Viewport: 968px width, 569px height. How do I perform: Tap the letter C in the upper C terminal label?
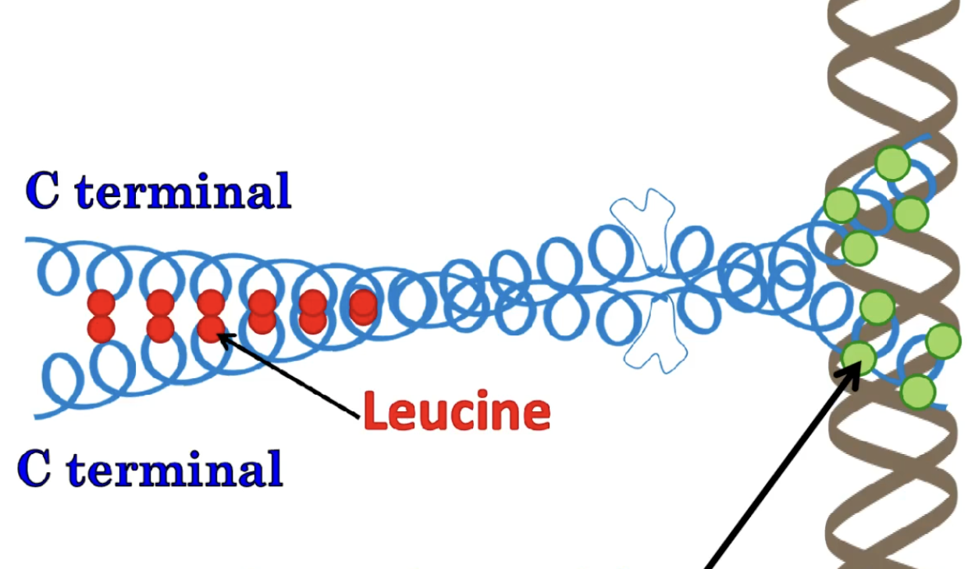[x=43, y=191]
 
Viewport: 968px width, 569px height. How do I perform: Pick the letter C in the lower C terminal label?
[x=35, y=469]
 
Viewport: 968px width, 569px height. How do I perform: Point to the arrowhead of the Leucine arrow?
[x=221, y=337]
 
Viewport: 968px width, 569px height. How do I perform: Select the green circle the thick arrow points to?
[x=859, y=358]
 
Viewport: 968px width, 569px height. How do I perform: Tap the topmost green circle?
[x=892, y=163]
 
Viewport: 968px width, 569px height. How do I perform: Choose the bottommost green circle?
[x=917, y=392]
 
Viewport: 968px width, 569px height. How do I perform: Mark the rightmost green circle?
[x=942, y=342]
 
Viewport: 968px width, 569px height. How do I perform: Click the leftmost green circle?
[x=842, y=206]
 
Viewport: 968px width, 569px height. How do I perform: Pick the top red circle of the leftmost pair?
[x=101, y=303]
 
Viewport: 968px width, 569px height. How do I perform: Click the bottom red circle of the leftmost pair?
[x=101, y=328]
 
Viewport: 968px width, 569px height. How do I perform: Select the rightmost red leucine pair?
[x=363, y=306]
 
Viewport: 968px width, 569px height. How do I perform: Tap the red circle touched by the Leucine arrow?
[x=211, y=327]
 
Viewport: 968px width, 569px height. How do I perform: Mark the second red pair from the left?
[x=160, y=315]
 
